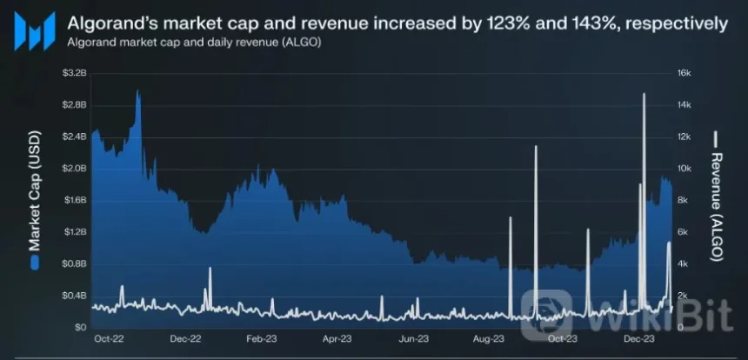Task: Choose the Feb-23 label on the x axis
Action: (261, 339)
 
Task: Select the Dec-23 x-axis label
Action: (639, 339)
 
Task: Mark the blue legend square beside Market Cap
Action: (34, 262)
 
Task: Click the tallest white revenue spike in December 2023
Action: (644, 96)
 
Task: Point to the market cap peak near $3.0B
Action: (137, 91)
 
